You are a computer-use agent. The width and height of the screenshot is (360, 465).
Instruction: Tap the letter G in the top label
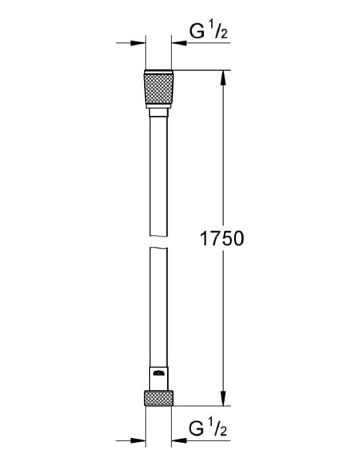coord(196,33)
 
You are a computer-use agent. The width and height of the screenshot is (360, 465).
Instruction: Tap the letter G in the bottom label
coord(196,429)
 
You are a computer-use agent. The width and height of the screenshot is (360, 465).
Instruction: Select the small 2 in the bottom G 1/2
coord(225,432)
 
